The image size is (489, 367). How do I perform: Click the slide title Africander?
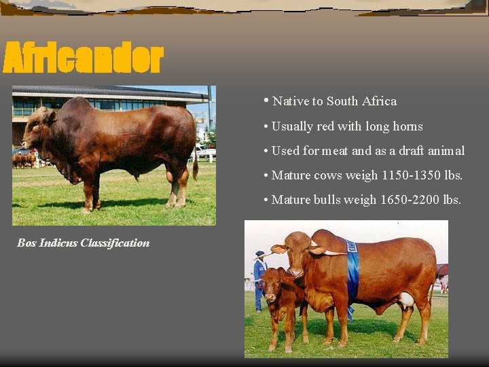point(83,58)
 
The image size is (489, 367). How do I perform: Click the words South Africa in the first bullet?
point(361,101)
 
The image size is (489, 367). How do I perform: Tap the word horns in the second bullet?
point(407,126)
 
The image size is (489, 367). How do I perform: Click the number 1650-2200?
point(409,200)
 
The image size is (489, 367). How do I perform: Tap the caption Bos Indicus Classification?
point(84,243)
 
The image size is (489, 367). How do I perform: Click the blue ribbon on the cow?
point(352,272)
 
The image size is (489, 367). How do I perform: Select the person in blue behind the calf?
point(259,279)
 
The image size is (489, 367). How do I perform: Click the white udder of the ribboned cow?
point(405,300)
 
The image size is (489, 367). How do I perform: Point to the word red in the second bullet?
point(323,126)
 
